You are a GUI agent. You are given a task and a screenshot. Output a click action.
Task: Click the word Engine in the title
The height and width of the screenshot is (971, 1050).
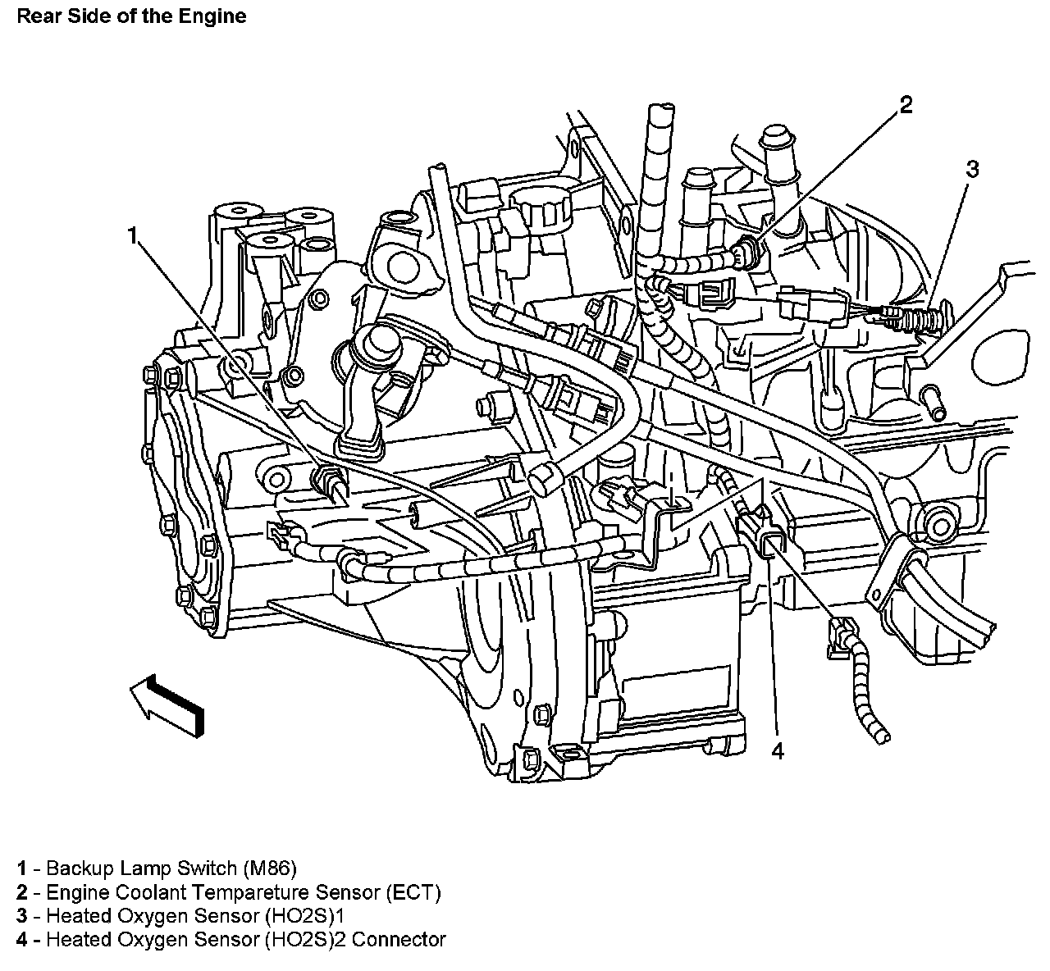coord(212,16)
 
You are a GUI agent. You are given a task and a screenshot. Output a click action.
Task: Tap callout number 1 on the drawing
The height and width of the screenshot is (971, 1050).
coord(133,235)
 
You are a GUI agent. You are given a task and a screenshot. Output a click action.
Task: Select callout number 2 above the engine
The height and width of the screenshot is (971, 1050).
coord(906,105)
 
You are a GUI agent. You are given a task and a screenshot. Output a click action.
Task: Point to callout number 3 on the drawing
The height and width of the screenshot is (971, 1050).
coord(972,169)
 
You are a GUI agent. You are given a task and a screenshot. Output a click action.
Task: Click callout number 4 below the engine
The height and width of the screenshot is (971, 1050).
coord(777,750)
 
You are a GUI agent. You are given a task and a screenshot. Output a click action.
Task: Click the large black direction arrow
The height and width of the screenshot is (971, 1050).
coord(167,705)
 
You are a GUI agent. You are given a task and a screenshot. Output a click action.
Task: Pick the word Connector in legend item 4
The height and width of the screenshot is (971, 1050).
coord(399,939)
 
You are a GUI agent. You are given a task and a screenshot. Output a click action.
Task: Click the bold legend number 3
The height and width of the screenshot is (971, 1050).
coord(22,915)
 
